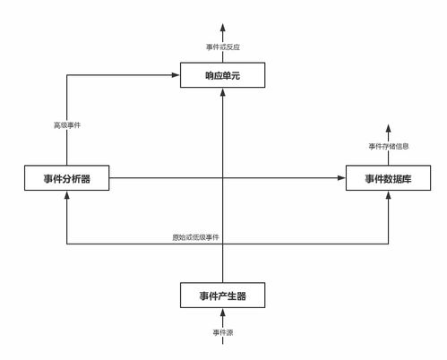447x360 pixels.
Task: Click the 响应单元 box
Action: point(222,75)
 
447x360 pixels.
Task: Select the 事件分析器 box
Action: point(67,178)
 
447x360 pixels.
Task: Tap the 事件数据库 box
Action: point(388,178)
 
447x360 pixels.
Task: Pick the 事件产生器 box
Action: point(222,296)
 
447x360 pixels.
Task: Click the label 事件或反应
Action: point(223,47)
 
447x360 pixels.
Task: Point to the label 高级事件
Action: point(67,125)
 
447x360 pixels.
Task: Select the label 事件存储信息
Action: point(389,146)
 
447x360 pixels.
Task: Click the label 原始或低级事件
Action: point(195,237)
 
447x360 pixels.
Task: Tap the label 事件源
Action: point(223,332)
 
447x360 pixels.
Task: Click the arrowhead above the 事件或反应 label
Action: point(222,28)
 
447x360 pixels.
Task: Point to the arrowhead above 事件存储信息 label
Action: point(388,129)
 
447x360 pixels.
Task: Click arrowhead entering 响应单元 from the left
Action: point(176,75)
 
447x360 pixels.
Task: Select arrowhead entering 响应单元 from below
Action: point(222,92)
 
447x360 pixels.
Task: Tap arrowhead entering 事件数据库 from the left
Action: point(341,178)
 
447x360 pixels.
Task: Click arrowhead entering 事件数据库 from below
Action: point(388,195)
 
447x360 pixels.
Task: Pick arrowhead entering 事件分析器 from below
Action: point(67,195)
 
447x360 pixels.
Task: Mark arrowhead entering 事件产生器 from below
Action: point(222,313)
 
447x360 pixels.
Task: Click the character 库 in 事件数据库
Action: point(407,178)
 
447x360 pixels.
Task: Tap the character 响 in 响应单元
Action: point(210,75)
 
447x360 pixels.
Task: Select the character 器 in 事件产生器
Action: point(241,296)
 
